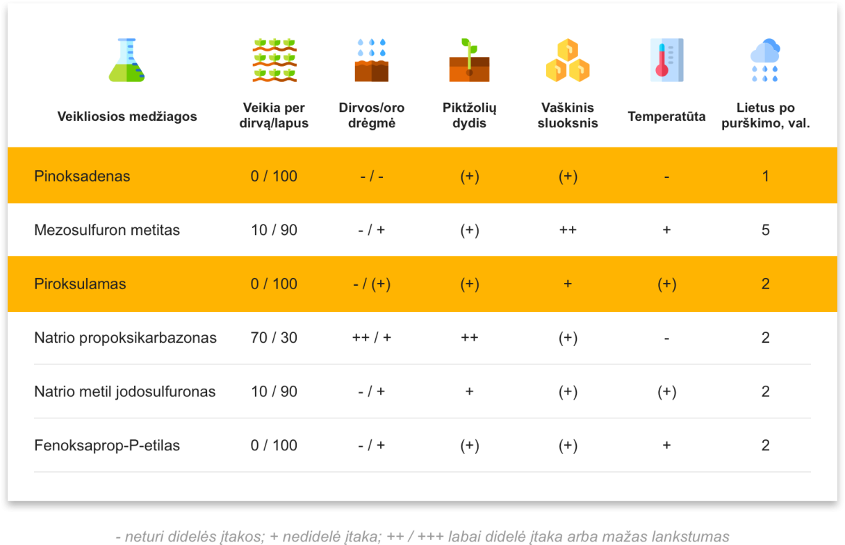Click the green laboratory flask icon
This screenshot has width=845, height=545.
pos(126,60)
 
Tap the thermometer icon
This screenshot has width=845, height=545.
pos(666,60)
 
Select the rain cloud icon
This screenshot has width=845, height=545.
pos(765,60)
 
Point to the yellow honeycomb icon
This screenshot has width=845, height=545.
pos(568,60)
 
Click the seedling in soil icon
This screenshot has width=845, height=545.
pos(469,60)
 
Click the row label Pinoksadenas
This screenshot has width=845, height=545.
pos(82,177)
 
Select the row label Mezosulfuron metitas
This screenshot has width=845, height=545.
pos(107,230)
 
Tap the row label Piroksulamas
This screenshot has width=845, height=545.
pos(80,284)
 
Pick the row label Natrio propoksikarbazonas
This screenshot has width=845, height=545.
pos(125,338)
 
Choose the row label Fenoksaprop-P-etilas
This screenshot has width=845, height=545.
pos(107,446)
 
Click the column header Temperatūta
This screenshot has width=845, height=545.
pos(666,116)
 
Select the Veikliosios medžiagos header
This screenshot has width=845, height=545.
pos(127,116)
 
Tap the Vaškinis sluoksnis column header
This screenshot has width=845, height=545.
pos(568,115)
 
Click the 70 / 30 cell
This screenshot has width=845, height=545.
pos(274,338)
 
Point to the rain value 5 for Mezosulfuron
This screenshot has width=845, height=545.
pos(765,230)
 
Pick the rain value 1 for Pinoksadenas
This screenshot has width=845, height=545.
pos(765,177)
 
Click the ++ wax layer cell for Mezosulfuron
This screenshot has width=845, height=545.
pos(568,230)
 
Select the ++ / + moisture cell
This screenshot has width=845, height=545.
pos(372,338)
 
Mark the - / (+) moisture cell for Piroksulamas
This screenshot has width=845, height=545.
pos(372,284)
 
